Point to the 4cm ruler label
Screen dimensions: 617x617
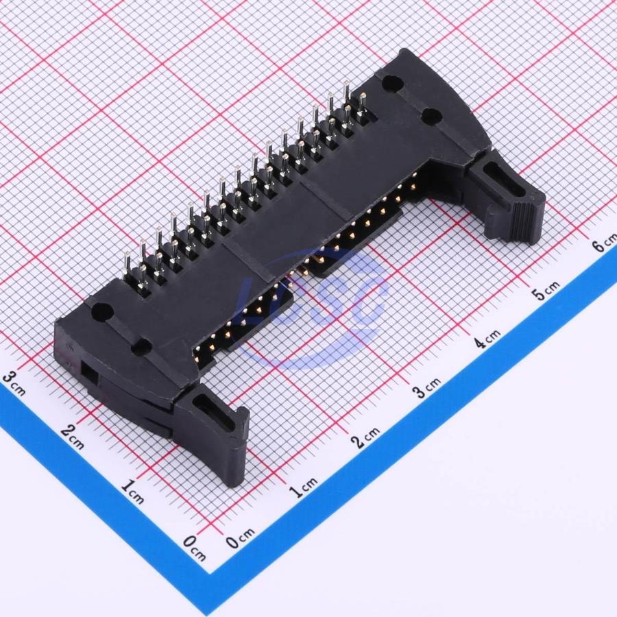tap(487, 338)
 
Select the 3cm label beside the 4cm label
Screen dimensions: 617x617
tap(426, 387)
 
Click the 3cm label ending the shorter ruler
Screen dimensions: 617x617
tap(14, 384)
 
